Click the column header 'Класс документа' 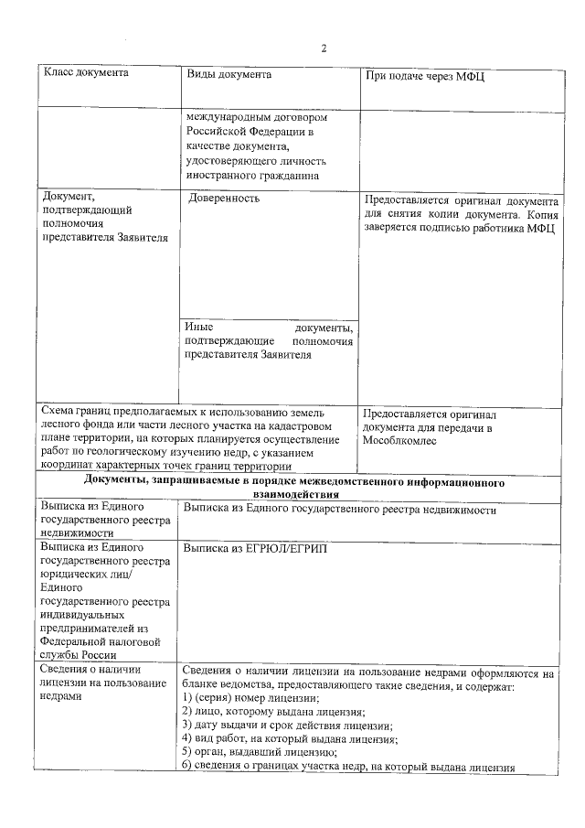[86, 74]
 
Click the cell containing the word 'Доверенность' [225, 198]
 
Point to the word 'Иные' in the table [197, 328]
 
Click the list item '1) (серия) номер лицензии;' [251, 698]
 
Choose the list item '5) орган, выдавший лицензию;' [259, 753]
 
